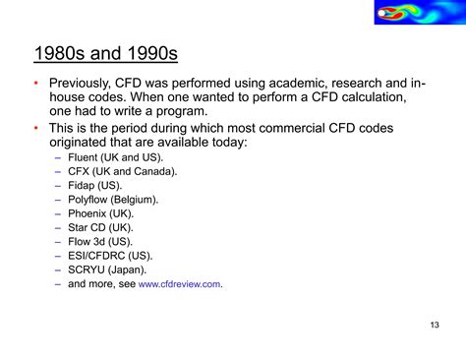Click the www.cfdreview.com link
[180, 284]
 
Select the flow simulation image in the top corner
[417, 14]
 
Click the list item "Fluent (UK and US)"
[116, 156]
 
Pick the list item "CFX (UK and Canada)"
[123, 171]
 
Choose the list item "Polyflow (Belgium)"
[113, 199]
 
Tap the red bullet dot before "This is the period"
[36, 128]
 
